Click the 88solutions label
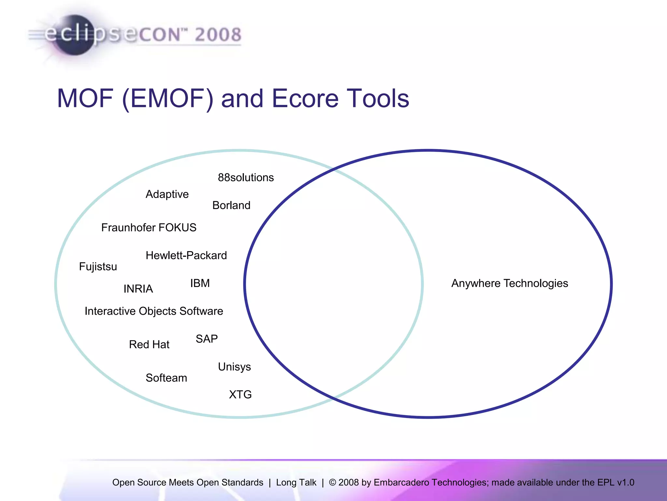(x=246, y=177)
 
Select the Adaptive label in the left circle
(x=167, y=194)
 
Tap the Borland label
(x=231, y=205)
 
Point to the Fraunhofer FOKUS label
(x=149, y=227)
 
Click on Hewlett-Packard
(x=186, y=255)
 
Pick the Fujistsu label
(x=98, y=266)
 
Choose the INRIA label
(x=138, y=289)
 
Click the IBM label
(x=200, y=283)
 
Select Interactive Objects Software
(x=154, y=311)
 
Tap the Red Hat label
(x=149, y=344)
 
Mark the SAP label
(x=206, y=339)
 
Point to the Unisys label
(x=234, y=367)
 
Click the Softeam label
(x=166, y=378)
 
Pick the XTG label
(x=240, y=394)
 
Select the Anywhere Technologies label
(x=509, y=283)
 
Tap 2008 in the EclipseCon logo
(x=218, y=35)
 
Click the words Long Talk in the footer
(x=296, y=482)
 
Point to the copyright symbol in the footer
(x=332, y=482)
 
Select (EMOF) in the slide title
(x=168, y=99)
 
